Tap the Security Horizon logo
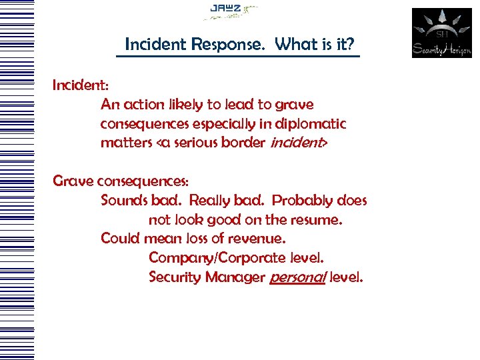coord(441,33)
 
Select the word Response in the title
coord(232,45)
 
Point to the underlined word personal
coord(298,277)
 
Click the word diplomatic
coord(313,124)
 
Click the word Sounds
coord(122,201)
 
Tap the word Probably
coord(303,201)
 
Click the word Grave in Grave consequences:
coord(73,181)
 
